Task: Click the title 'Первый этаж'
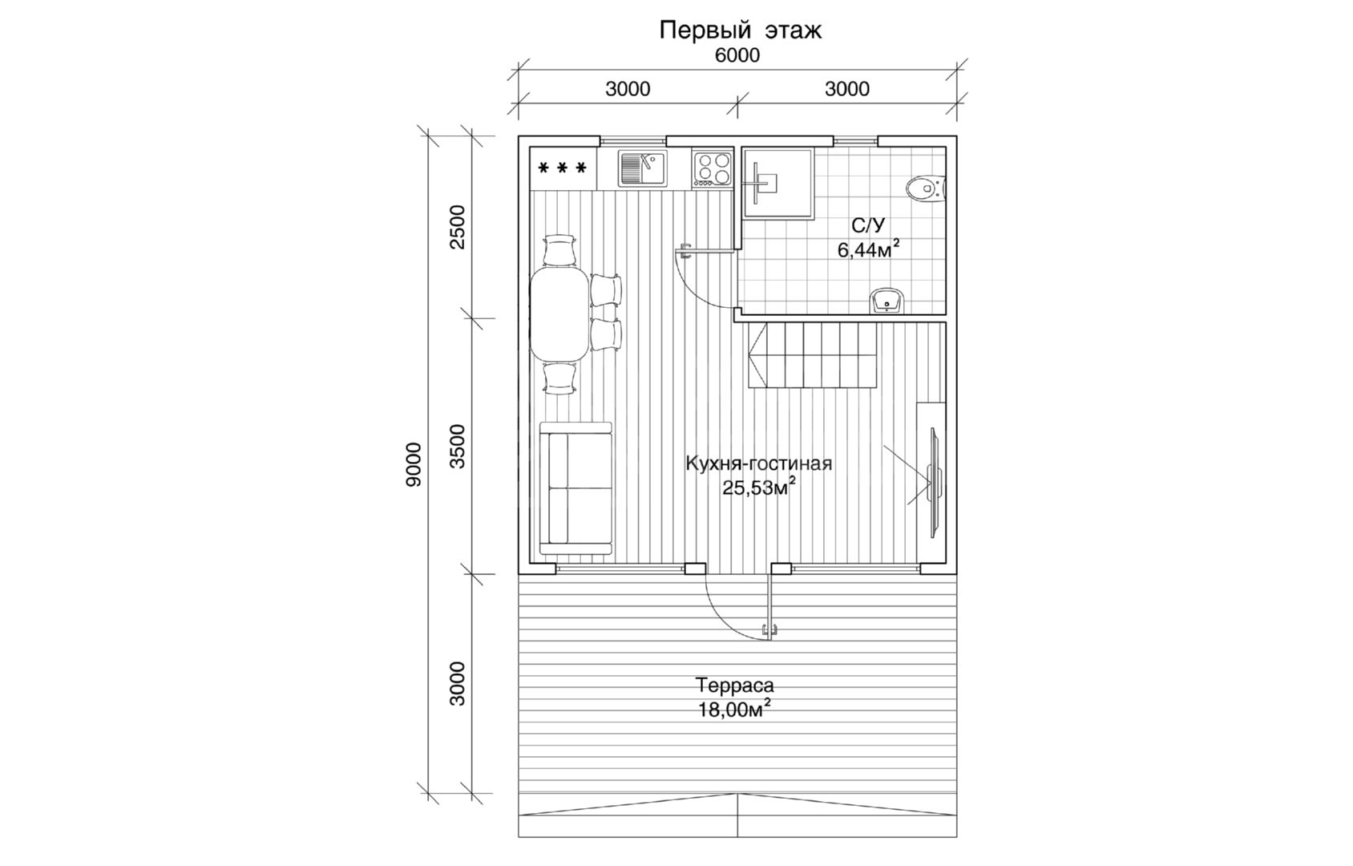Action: click(740, 30)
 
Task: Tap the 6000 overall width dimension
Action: click(737, 55)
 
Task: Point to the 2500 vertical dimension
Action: click(458, 227)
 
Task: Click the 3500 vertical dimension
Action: click(458, 447)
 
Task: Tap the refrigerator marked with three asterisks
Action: click(563, 168)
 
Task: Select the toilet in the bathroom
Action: click(926, 188)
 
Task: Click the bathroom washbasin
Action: click(887, 301)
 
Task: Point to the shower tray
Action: click(778, 183)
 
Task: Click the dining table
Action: click(560, 314)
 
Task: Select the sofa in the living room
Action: click(576, 488)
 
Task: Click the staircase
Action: click(813, 354)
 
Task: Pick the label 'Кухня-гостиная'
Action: click(758, 463)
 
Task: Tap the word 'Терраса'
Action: click(734, 686)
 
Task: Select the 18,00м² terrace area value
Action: click(734, 709)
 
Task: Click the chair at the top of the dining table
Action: click(559, 250)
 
